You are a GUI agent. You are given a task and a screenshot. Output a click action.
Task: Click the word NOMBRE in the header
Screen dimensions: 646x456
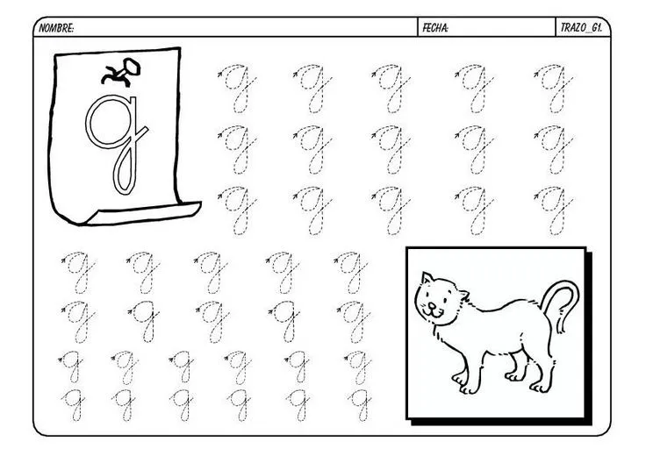(56, 28)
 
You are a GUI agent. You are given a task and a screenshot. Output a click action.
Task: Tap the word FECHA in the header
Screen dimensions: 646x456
(435, 28)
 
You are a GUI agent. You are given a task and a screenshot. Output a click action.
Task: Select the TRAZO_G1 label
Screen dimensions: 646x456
(581, 28)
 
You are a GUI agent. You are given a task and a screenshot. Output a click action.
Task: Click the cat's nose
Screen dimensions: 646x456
(431, 306)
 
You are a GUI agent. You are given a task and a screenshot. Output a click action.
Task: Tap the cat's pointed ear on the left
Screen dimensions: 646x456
(427, 278)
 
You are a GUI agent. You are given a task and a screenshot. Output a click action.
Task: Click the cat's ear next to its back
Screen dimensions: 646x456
(463, 295)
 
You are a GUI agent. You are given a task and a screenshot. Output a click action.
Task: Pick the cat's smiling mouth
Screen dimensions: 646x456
(432, 313)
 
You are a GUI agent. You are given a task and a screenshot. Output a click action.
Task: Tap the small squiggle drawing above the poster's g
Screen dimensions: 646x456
(121, 72)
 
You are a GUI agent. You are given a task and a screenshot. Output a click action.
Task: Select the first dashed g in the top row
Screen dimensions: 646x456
(237, 88)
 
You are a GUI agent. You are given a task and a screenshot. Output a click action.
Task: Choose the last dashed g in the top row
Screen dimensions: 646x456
(554, 88)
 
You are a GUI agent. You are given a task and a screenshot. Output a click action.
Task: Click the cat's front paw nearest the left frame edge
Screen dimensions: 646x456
(458, 379)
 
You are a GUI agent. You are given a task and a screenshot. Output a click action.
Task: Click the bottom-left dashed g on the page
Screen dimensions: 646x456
(73, 404)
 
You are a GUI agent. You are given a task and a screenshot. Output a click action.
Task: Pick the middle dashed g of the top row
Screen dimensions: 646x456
(391, 88)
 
